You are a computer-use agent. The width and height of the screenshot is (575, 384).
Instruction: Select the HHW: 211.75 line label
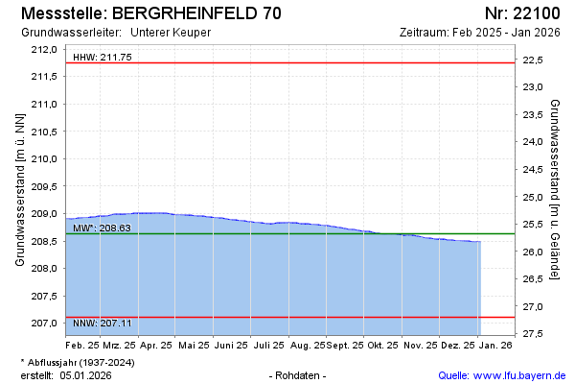103,57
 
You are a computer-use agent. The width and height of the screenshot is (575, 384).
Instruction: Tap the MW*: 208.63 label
102,228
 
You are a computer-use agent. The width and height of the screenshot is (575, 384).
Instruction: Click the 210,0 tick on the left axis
46,158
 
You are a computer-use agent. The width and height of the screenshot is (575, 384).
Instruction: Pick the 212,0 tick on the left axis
46,49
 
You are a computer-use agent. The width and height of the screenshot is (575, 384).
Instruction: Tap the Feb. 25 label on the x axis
82,344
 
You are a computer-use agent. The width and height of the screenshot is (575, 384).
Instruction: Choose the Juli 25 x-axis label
266,344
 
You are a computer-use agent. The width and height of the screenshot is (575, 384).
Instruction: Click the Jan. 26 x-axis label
494,344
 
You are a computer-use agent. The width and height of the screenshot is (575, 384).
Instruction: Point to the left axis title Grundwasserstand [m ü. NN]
19,189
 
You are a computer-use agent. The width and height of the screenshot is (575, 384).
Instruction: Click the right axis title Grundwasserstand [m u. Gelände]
556,189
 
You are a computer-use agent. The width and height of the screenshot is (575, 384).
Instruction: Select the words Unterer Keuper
170,32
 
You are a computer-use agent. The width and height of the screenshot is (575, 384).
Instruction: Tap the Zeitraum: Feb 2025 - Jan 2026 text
480,32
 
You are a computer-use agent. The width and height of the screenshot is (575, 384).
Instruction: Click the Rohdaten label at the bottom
299,374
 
